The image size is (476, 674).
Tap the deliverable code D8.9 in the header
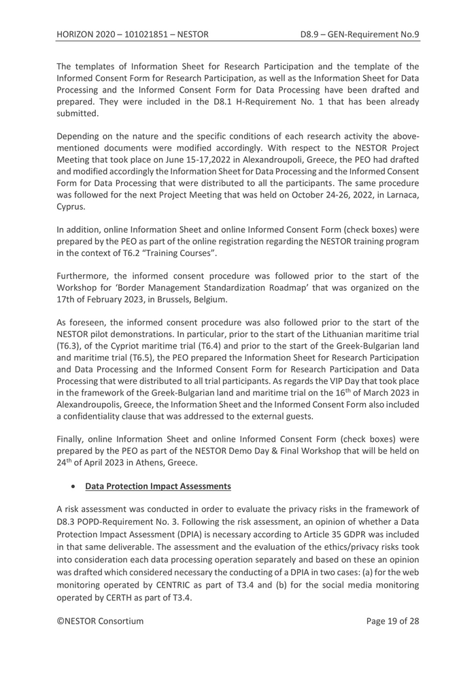(313, 33)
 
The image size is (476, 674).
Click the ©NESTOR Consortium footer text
(100, 620)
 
